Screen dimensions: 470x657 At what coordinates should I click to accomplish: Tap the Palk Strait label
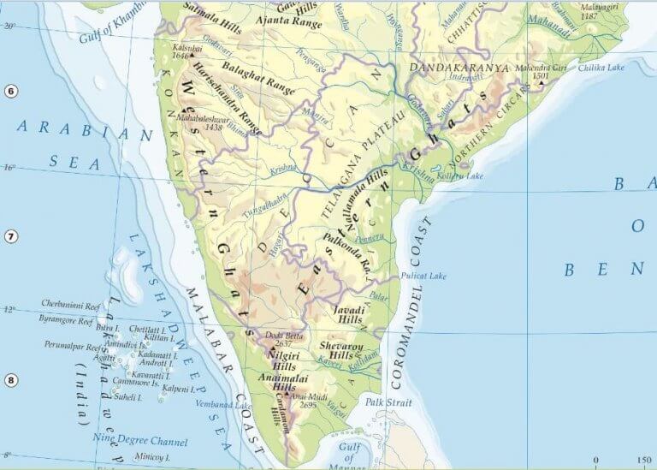point(383,401)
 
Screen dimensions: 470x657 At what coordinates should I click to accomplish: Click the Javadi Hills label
point(349,313)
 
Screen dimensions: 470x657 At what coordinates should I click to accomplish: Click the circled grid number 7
point(9,236)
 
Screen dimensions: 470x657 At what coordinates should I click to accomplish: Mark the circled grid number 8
point(9,381)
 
